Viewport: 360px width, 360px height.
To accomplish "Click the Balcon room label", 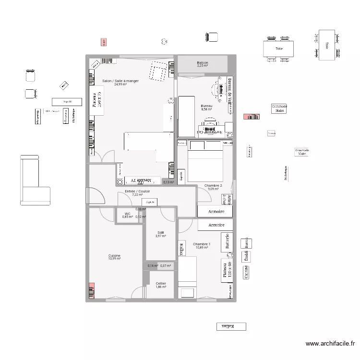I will coord(202,62).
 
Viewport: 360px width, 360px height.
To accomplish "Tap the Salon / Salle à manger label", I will coord(120,81).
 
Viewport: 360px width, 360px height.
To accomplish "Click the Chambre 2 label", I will coord(213,185).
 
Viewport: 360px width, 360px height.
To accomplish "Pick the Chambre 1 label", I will coord(202,244).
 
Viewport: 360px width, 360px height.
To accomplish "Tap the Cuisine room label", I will coord(114,255).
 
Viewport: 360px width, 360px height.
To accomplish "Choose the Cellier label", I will coord(161,283).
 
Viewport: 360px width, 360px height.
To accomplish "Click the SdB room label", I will coord(160,232).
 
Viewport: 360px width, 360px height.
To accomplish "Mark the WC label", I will coord(127,214).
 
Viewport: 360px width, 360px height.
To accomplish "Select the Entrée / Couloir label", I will coord(137,191).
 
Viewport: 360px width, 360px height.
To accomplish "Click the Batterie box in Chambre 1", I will coord(226,242).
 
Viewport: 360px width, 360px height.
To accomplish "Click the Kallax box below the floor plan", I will coord(231,326).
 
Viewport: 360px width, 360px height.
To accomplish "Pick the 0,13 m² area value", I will coord(168,182).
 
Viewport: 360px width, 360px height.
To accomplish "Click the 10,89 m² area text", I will coord(202,248).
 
